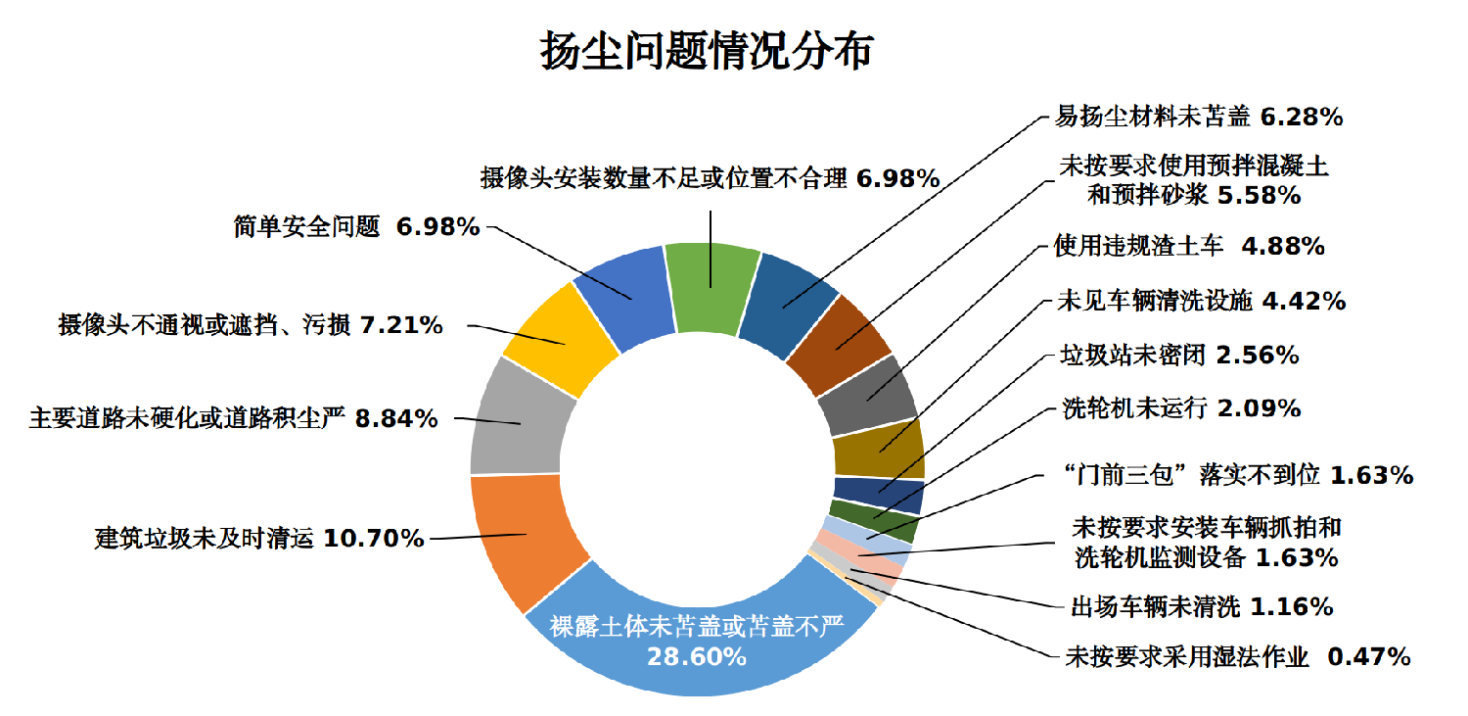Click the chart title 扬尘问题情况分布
point(705,51)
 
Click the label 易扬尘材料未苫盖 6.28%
point(1198,117)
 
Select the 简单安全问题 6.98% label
point(356,227)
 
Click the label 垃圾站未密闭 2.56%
point(1179,354)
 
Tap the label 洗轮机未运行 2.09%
point(1181,407)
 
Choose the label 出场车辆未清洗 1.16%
point(1202,606)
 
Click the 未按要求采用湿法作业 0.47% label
point(1237,656)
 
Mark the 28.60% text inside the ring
point(697,656)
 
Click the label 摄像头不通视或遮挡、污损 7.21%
point(251,324)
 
